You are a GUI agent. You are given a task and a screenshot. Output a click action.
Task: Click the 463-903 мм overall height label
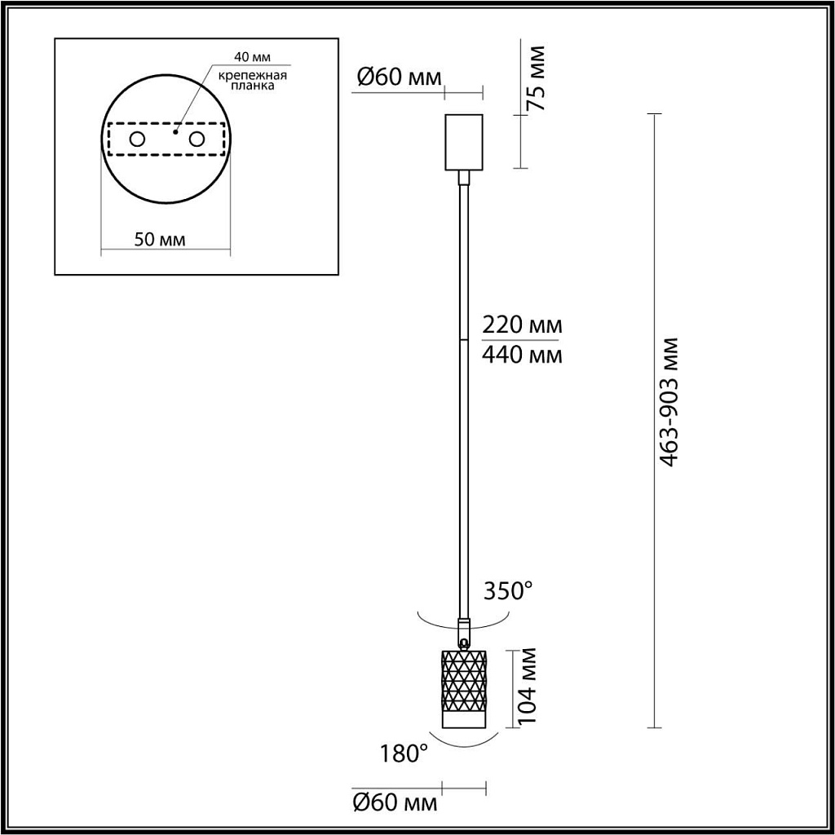669,401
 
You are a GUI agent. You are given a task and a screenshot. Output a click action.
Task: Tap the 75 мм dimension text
535,78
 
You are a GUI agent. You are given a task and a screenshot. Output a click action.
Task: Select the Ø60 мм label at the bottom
395,802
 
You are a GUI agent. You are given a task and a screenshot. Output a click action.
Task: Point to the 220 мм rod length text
521,325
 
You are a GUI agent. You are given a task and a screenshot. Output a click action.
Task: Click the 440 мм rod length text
521,355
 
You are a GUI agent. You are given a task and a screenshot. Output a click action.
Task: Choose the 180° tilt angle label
403,753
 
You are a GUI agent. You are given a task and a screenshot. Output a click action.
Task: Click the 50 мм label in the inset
159,240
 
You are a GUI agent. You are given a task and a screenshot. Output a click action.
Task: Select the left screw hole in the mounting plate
137,139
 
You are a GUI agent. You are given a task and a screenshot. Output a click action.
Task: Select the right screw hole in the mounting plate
196,139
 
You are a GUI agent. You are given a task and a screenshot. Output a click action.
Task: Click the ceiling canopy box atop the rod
464,142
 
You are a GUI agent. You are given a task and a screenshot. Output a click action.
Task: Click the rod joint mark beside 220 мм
463,339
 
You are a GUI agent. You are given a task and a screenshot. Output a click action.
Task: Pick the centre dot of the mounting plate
175,129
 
